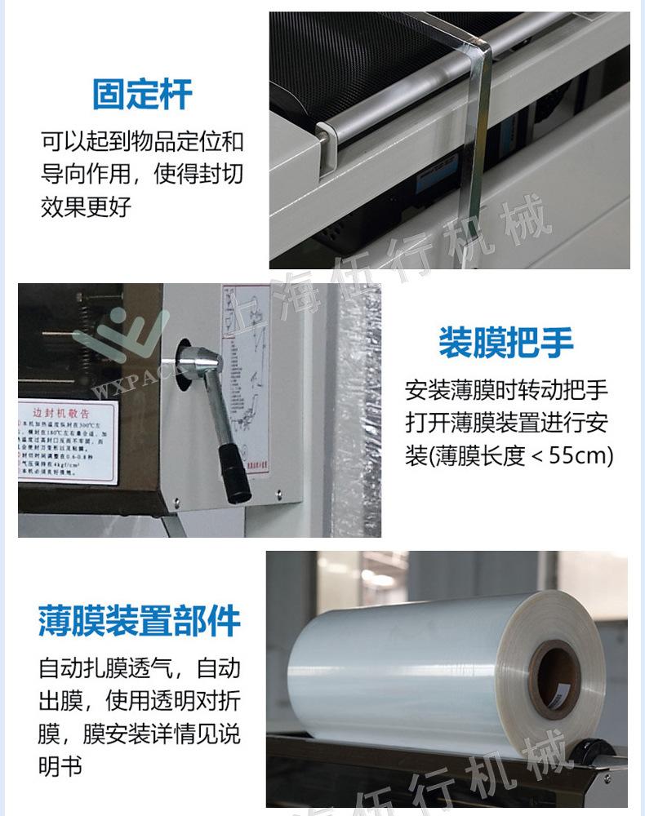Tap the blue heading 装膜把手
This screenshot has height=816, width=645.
[505, 343]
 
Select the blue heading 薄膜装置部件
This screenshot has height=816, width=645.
[140, 621]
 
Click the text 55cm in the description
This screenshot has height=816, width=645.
[580, 455]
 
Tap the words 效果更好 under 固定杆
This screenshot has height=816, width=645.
[86, 207]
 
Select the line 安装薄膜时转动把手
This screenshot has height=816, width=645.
[506, 390]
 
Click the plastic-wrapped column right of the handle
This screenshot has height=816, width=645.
[359, 408]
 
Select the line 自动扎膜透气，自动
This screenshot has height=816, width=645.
[140, 669]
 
